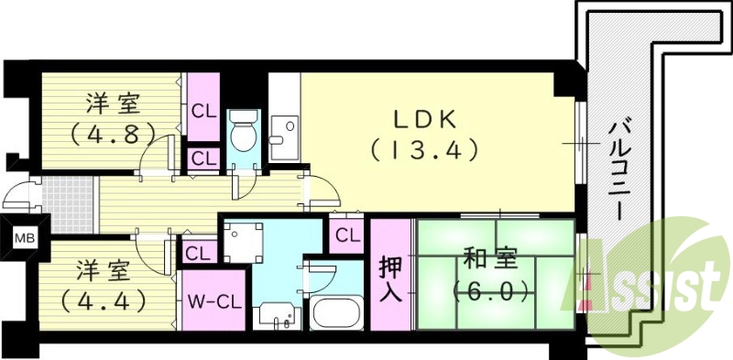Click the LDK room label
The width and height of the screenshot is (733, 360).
click(x=424, y=120)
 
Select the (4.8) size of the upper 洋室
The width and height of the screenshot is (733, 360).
click(x=106, y=133)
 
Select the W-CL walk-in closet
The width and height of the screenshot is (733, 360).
click(x=213, y=301)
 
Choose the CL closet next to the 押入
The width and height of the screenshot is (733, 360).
click(x=346, y=235)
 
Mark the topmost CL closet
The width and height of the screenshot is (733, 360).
click(x=203, y=110)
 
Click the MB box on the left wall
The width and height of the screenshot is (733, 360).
click(x=20, y=240)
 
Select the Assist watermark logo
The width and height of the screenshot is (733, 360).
click(x=653, y=283)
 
